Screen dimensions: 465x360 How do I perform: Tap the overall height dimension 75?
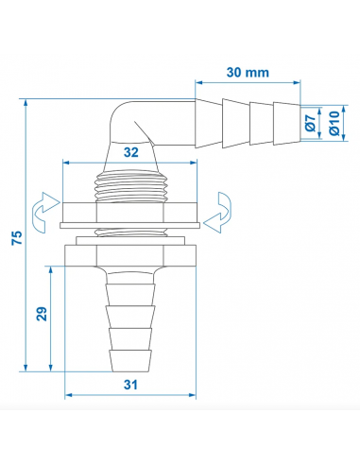16,238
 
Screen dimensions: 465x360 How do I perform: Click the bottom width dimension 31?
130,385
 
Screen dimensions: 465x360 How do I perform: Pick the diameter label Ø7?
310,121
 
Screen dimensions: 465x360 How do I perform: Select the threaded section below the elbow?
129,182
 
